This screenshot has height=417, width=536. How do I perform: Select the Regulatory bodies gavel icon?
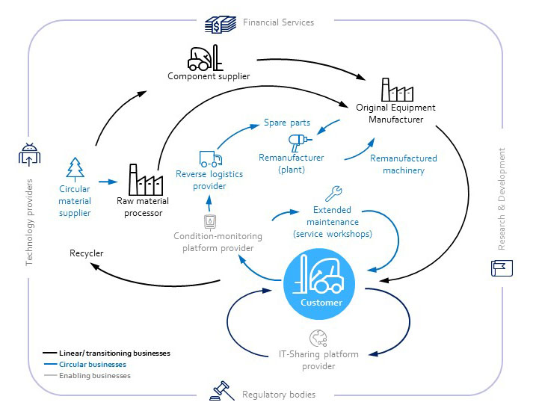click(x=221, y=391)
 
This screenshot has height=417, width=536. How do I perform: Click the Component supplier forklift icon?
click(x=203, y=57)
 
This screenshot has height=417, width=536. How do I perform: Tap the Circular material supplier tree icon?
click(x=76, y=169)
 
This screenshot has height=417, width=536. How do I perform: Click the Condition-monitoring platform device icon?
click(x=211, y=222)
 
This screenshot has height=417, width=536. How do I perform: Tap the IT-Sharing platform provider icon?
click(x=318, y=338)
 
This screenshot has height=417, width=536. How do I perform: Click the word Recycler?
click(x=87, y=253)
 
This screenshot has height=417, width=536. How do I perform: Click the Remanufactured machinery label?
click(x=404, y=164)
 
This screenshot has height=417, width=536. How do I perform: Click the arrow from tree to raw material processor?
click(x=108, y=181)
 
